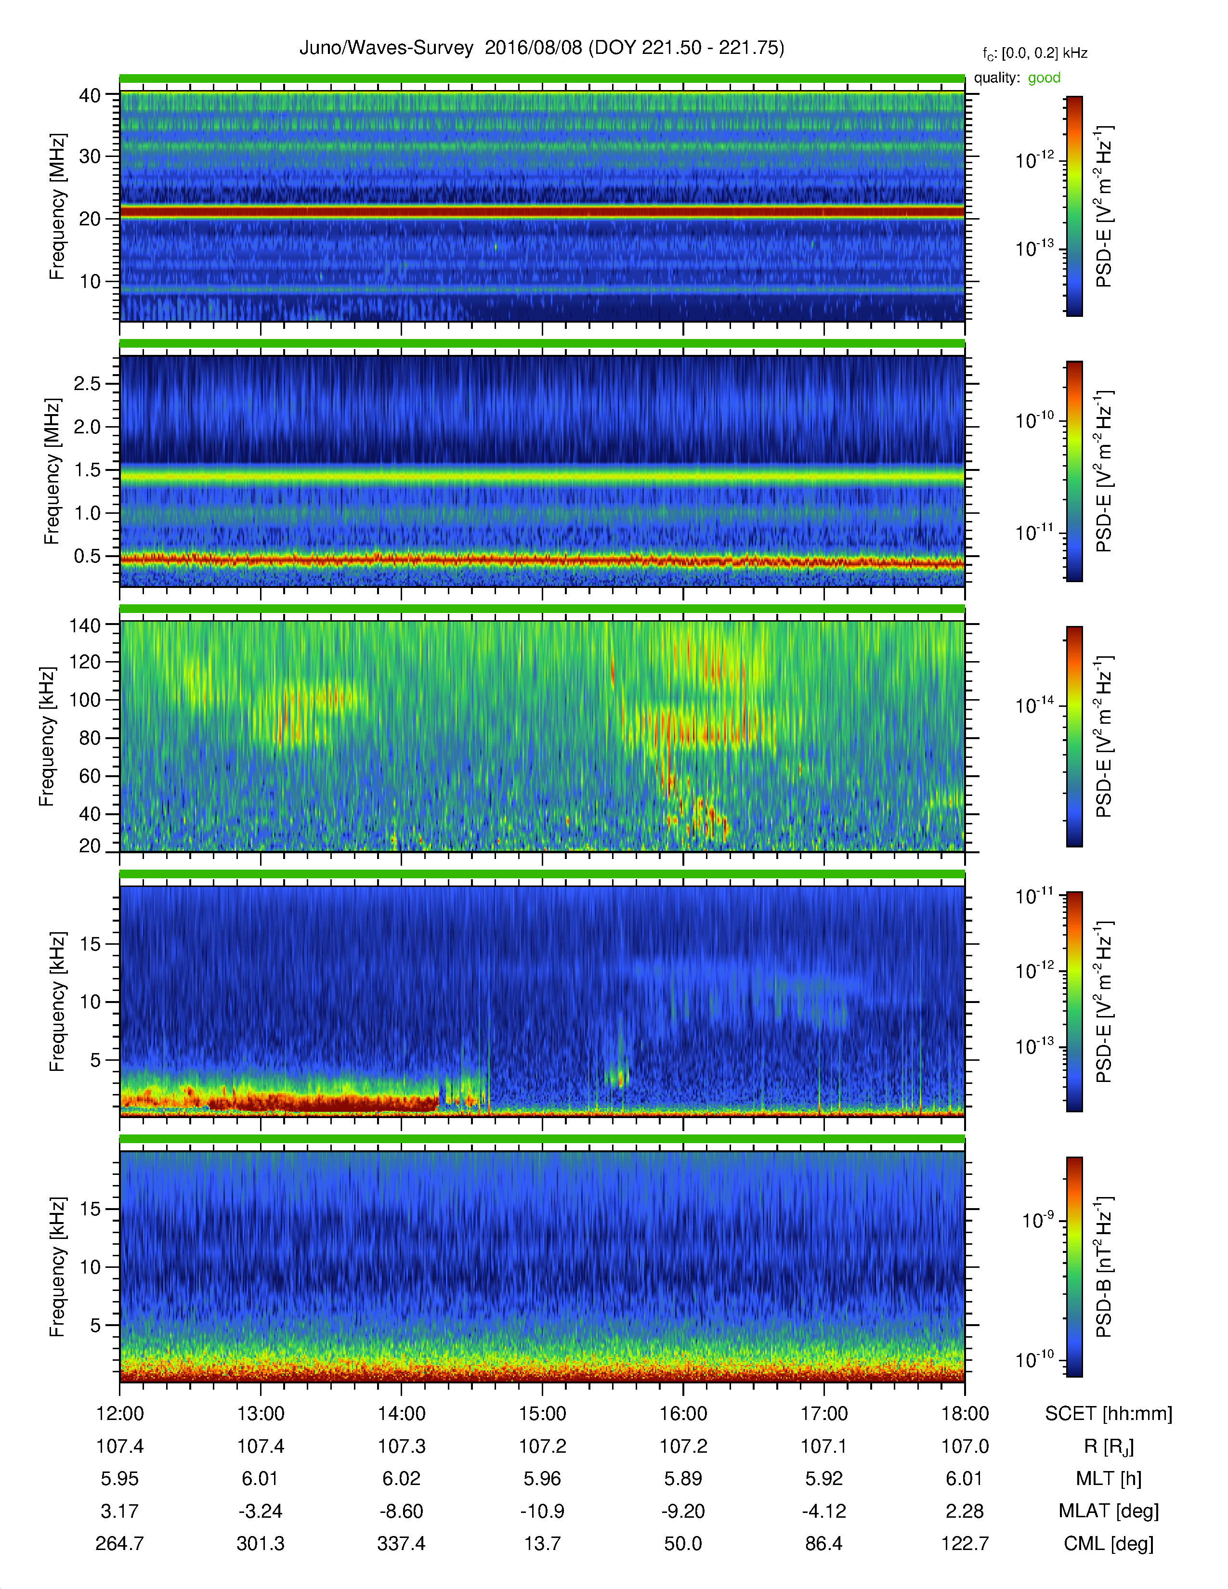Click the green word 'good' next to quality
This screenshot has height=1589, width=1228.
pos(1044,78)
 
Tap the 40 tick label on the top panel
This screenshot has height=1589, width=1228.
pos(90,95)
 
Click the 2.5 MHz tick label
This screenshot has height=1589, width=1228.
pos(87,383)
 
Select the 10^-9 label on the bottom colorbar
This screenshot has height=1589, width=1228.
pos(1036,1219)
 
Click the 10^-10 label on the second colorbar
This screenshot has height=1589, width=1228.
pos(1034,420)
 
